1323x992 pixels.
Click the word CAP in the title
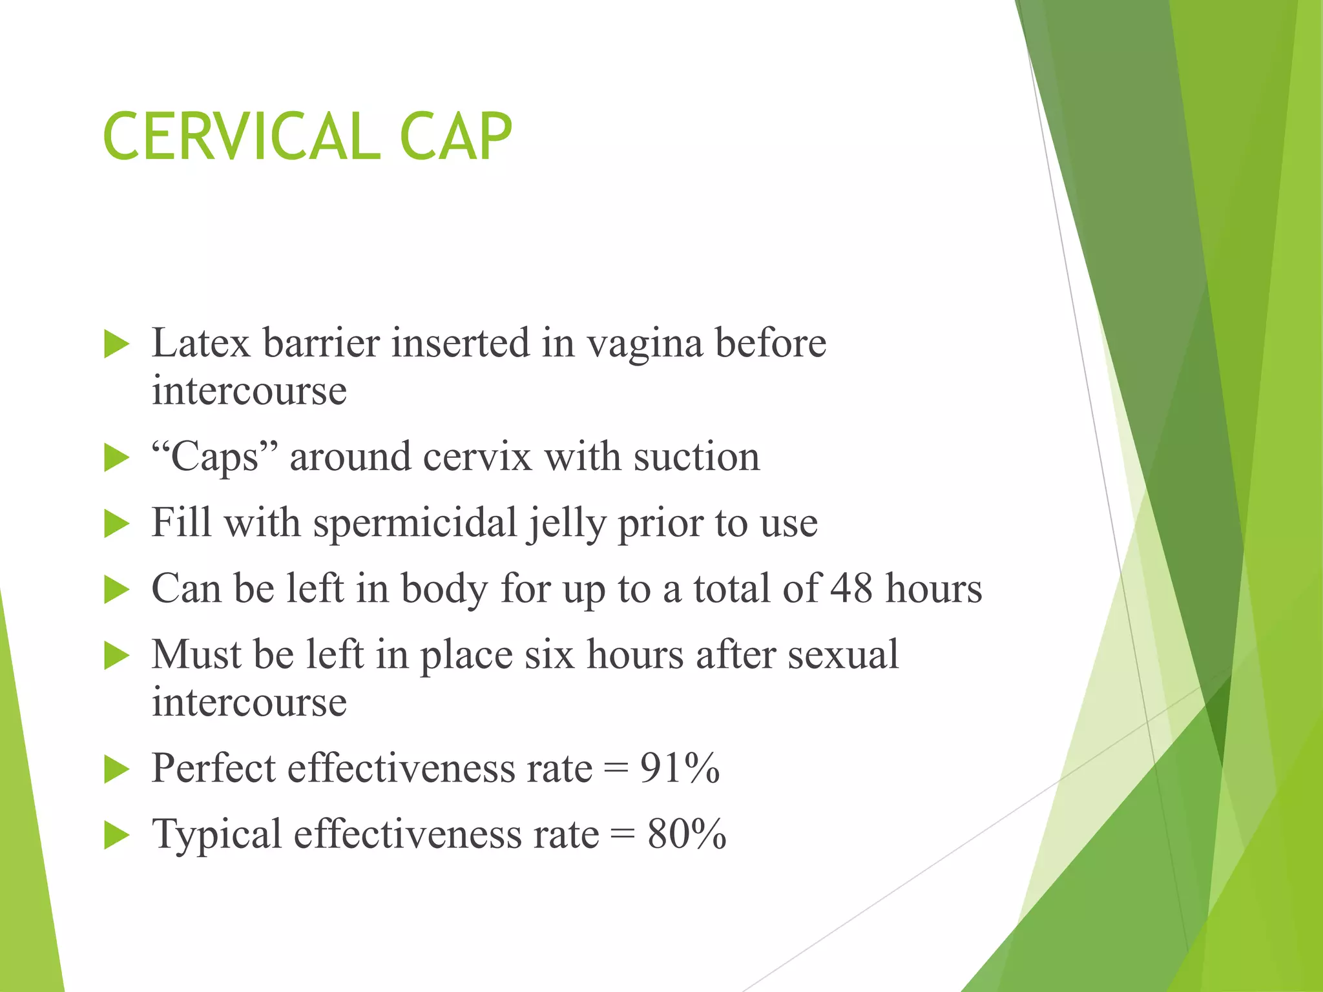pos(455,136)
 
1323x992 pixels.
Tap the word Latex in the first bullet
pos(200,343)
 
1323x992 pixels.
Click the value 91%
pos(680,769)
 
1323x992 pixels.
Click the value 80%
pos(687,834)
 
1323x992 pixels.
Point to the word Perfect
pos(213,769)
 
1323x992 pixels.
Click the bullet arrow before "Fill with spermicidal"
pos(117,524)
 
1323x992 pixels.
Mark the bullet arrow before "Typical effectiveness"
pos(117,835)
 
